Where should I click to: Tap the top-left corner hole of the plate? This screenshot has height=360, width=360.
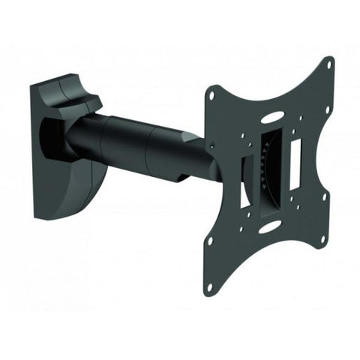pos(211,96)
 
